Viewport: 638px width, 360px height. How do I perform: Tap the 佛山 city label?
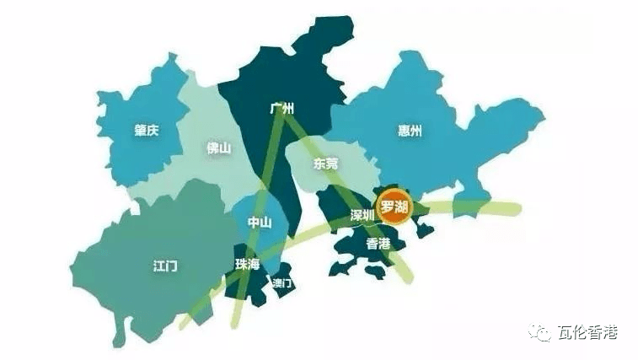(218, 148)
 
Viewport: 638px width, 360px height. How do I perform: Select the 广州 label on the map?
(281, 109)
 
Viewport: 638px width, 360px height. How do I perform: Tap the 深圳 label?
(362, 215)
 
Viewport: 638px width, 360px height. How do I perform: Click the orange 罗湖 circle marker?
(394, 207)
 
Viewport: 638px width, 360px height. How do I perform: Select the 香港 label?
(378, 243)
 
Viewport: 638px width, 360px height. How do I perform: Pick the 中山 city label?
(259, 223)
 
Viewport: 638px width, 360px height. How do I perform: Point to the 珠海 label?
(248, 264)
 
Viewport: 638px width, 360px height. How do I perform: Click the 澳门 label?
(281, 283)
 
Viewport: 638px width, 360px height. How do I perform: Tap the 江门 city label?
(165, 265)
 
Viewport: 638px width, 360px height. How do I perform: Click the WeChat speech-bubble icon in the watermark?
(539, 333)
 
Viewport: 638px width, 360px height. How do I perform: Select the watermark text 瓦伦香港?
(587, 333)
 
